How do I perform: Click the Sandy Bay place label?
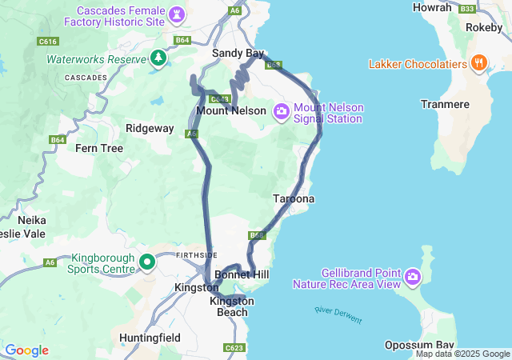[238, 53]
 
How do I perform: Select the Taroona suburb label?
[294, 198]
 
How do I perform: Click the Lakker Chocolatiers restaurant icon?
[479, 63]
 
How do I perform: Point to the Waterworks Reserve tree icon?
[158, 58]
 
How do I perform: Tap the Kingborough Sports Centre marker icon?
[147, 262]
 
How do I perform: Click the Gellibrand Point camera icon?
[412, 277]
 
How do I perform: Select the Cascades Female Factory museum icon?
[178, 14]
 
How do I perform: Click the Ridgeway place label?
[150, 128]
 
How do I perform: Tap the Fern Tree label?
[99, 148]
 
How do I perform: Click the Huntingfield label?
[150, 338]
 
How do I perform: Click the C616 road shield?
[48, 41]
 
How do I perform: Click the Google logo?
[26, 350]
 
